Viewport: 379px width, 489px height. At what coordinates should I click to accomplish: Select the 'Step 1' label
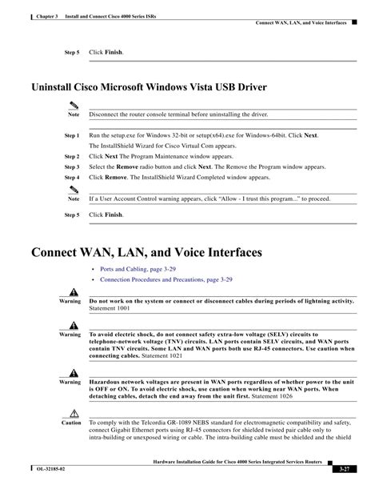pyautogui.click(x=72, y=137)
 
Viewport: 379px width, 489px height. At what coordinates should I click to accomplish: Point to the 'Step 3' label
pyautogui.click(x=72, y=167)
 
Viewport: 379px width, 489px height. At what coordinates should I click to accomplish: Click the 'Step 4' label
pyautogui.click(x=72, y=177)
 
